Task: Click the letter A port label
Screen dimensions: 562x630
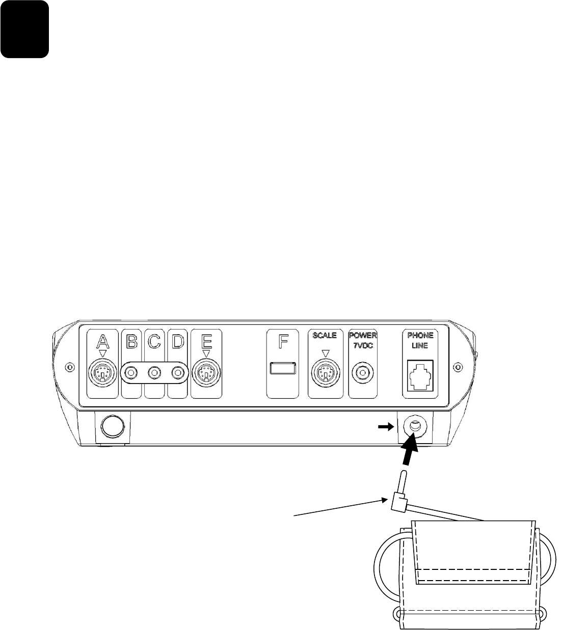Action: pos(103,341)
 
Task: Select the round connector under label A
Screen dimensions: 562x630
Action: pos(103,373)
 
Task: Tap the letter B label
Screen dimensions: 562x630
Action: pos(131,341)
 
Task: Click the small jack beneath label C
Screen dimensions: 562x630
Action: pos(154,373)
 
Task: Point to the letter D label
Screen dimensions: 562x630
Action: pos(177,341)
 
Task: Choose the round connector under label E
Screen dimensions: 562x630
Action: pos(205,373)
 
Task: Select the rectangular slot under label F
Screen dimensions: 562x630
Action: pos(283,368)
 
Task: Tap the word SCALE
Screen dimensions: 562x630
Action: pos(325,336)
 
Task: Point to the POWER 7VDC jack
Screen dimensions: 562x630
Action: pos(362,373)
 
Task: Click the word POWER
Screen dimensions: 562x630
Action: pos(362,336)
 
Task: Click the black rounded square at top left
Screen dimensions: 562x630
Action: pos(24,29)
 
